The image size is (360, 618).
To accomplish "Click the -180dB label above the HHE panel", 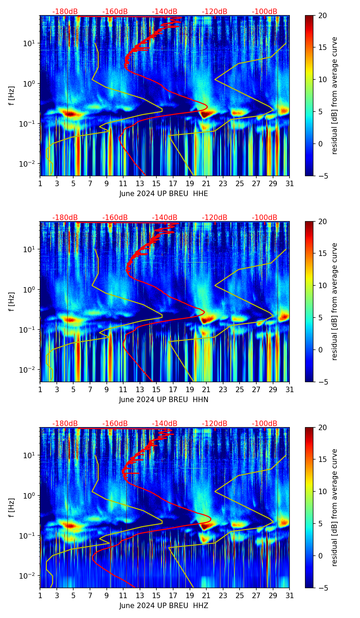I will coord(65,12).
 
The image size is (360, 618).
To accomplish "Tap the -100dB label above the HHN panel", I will coord(265,218).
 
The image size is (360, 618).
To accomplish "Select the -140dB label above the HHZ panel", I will coord(165,424).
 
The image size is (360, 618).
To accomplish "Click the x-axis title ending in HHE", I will coord(164,194).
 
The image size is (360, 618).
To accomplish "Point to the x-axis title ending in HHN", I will coord(164,400).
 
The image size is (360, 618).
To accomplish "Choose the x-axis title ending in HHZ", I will coord(164,606).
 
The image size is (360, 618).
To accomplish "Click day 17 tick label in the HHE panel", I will coord(173,184).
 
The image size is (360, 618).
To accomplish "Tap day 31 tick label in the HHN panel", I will coord(290,390).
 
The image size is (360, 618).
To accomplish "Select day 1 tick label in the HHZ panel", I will coord(40,596).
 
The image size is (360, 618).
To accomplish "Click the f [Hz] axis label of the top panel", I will coord(12,96).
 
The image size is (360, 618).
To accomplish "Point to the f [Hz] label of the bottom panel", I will coord(12,508).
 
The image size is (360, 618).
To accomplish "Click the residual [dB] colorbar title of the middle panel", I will coord(335,301).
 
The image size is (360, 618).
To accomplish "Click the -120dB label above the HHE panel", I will coord(215,12).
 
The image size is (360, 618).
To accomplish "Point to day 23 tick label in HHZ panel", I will coord(223,596).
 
